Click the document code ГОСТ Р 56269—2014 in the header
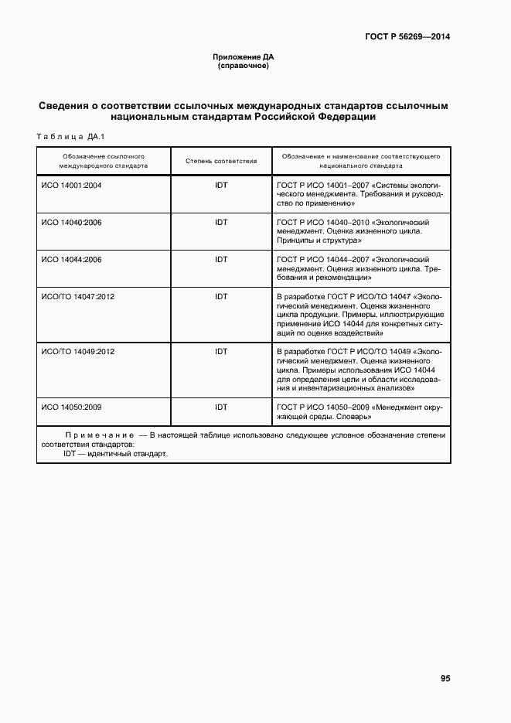click(408, 37)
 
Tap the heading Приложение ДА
click(244, 57)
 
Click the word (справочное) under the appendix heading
click(244, 66)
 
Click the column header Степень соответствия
click(221, 161)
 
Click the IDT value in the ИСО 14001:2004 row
click(221, 186)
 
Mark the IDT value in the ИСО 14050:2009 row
click(221, 407)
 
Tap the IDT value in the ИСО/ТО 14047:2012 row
click(221, 297)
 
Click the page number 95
click(445, 678)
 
